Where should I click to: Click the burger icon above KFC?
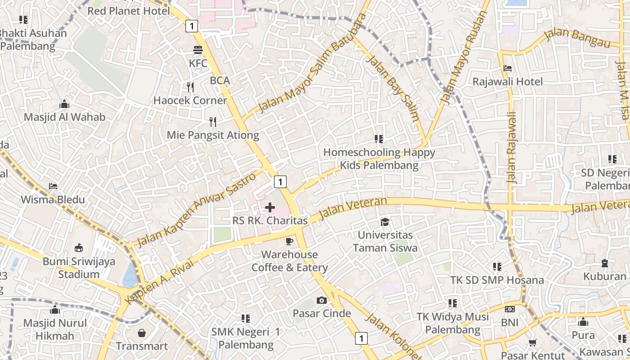(198, 49)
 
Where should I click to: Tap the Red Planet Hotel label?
(129, 11)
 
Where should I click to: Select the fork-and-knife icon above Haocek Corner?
(190, 87)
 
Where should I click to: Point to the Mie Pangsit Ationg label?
(213, 135)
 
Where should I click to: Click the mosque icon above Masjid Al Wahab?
(64, 104)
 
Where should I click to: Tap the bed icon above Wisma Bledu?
(53, 186)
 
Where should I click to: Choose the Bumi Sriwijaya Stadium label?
(79, 268)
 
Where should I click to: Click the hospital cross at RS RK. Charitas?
(270, 207)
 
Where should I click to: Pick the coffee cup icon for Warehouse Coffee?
(289, 242)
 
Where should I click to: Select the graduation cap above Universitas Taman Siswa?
(385, 222)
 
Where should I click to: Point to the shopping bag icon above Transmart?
(142, 333)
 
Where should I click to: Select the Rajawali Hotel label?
(508, 81)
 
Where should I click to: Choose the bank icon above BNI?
(509, 309)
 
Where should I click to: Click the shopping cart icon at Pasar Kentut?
(532, 343)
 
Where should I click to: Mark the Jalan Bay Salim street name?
(393, 88)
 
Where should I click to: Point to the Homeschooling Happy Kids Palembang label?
(379, 159)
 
